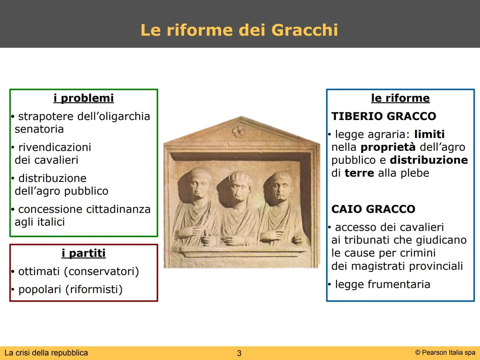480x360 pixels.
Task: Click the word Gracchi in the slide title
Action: (x=305, y=30)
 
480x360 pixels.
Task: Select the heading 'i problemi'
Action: (x=84, y=98)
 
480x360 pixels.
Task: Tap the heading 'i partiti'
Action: (x=84, y=253)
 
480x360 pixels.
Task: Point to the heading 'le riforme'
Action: (x=400, y=98)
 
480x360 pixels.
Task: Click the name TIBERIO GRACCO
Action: (x=384, y=116)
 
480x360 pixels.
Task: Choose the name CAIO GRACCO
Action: (x=373, y=209)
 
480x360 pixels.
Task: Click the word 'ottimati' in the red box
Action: (x=39, y=271)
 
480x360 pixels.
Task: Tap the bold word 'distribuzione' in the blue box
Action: (x=429, y=160)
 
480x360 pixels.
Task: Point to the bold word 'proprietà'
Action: (x=388, y=147)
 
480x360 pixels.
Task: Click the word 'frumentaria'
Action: (x=399, y=284)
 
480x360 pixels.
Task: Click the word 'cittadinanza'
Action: (x=118, y=209)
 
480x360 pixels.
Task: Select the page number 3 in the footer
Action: (x=239, y=353)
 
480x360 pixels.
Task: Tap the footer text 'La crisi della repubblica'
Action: (x=46, y=353)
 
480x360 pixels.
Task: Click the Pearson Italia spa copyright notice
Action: (x=445, y=353)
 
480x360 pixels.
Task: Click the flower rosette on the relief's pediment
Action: (x=238, y=131)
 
